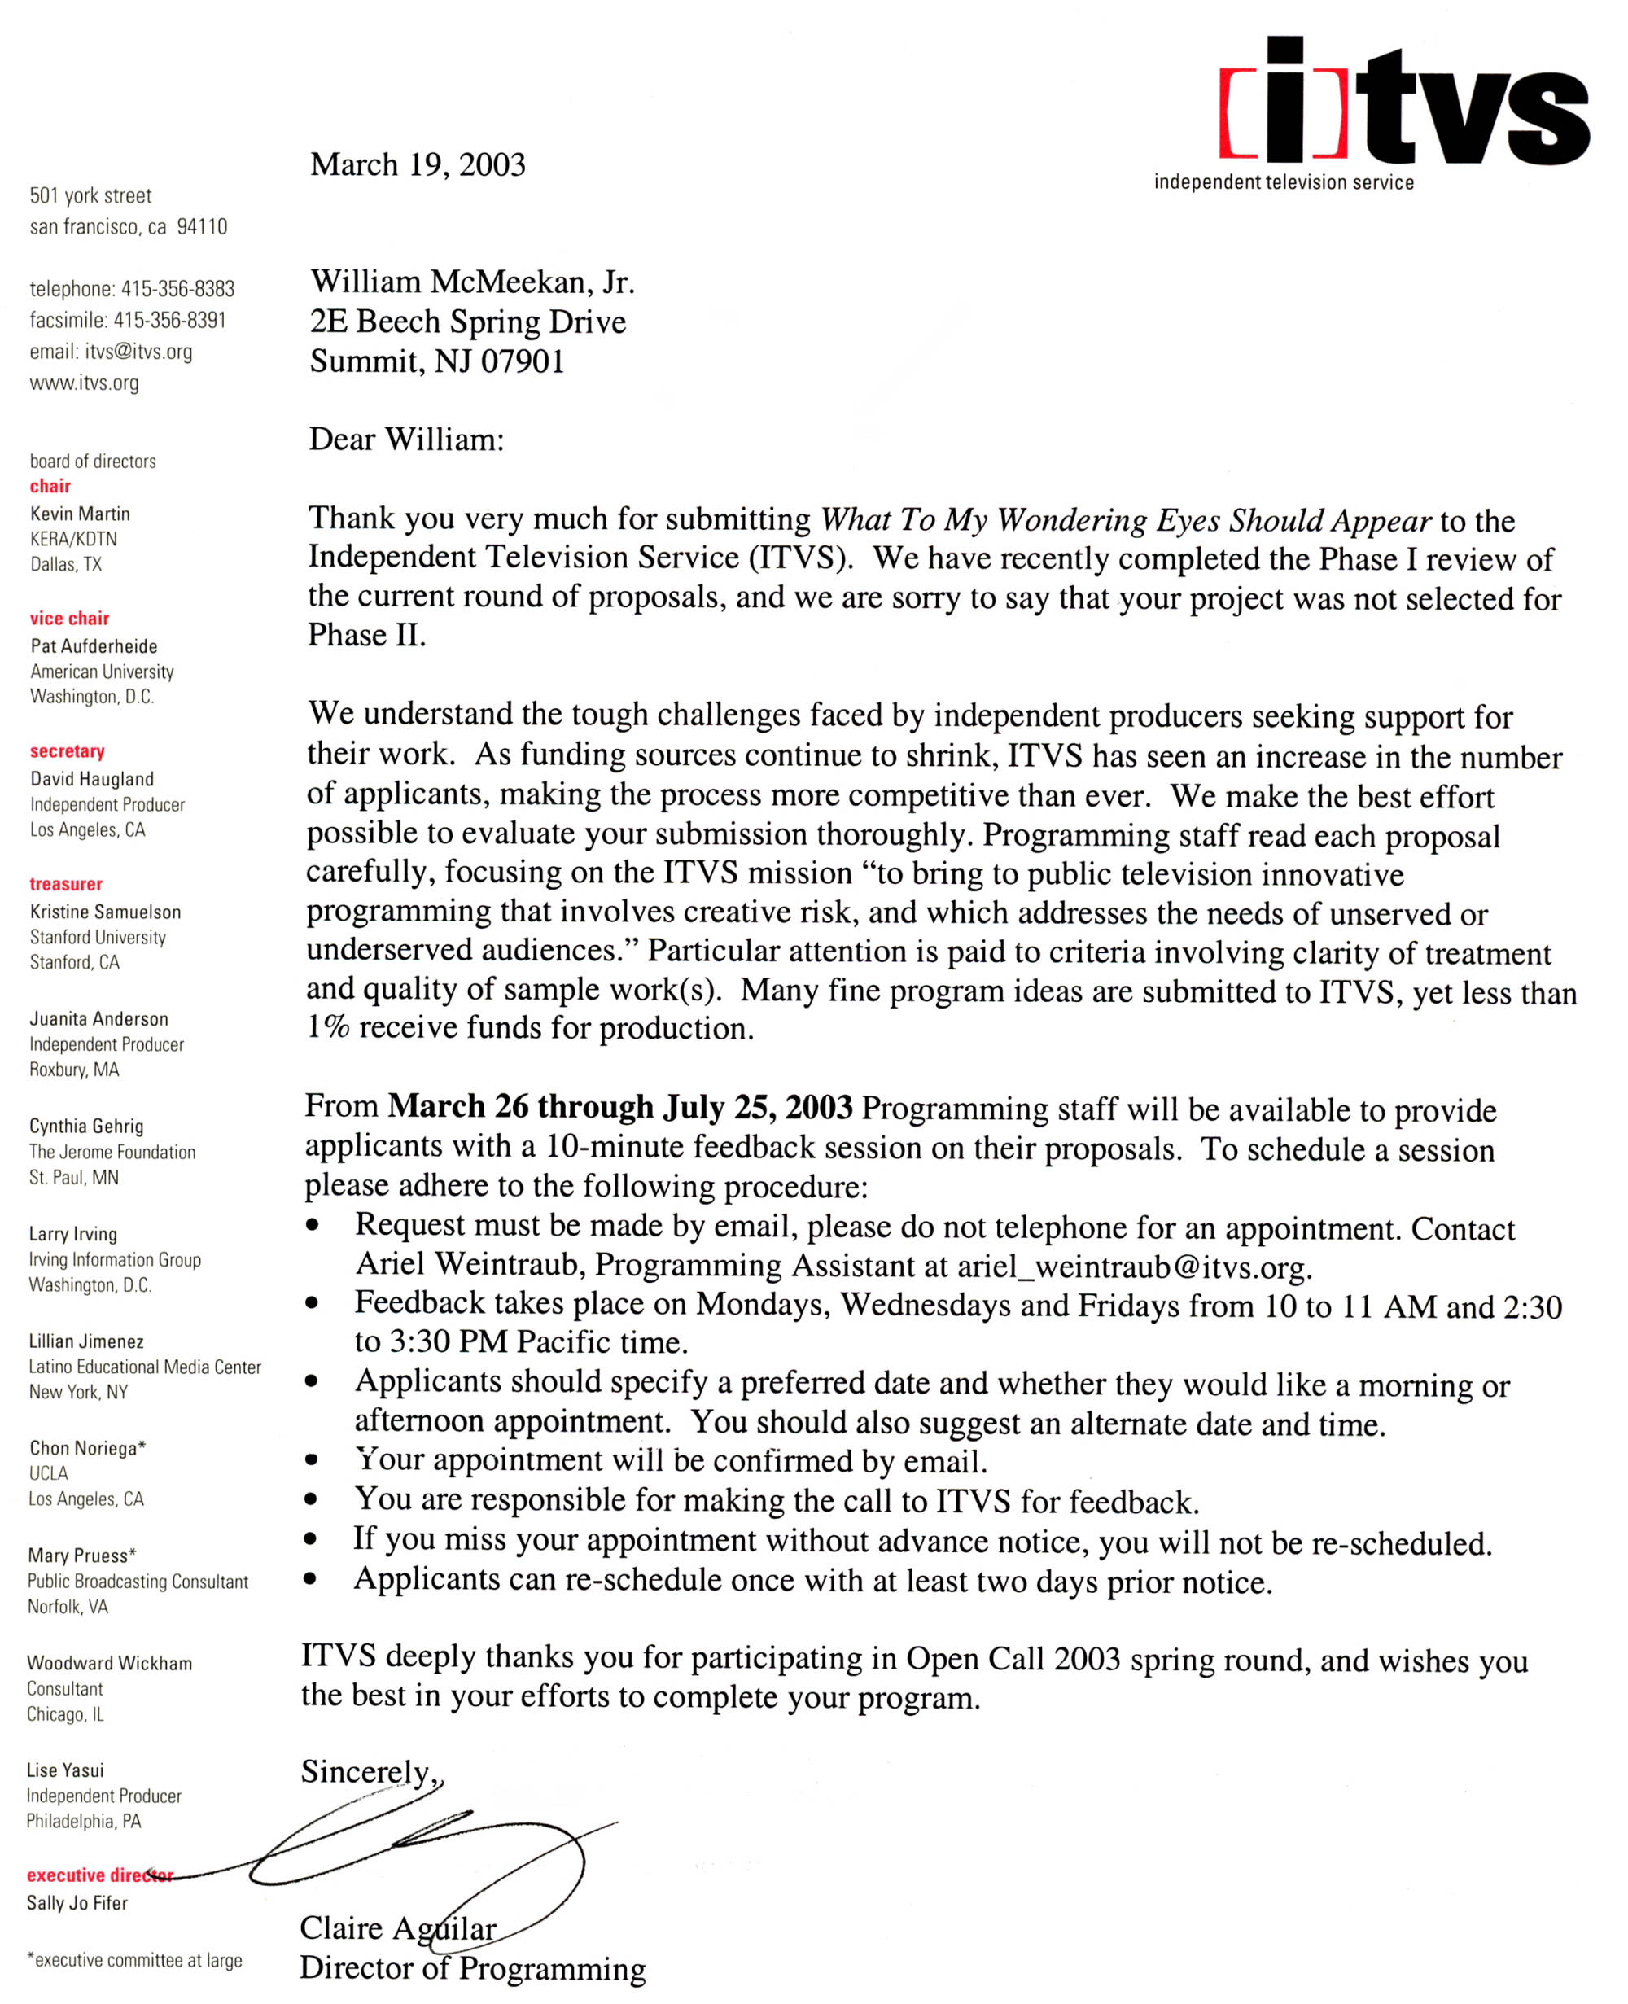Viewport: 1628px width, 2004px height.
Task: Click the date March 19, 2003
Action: click(x=418, y=165)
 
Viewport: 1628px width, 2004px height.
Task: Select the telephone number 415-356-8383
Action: click(x=177, y=289)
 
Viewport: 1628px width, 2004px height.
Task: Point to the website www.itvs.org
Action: click(x=84, y=383)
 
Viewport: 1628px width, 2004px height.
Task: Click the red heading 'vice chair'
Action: click(x=69, y=618)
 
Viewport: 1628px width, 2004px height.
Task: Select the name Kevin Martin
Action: click(x=80, y=514)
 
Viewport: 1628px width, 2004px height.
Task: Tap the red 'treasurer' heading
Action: click(x=66, y=883)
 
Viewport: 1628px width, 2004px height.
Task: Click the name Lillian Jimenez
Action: click(x=85, y=1341)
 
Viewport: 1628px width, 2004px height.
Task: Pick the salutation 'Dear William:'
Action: click(x=406, y=440)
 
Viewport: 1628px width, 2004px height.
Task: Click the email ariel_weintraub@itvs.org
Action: click(x=1133, y=1268)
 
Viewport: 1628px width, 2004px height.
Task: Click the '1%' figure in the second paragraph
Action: click(x=328, y=1028)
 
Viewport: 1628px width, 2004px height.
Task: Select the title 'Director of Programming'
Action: click(x=471, y=1967)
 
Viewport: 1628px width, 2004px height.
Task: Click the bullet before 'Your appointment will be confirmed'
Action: click(x=311, y=1460)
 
